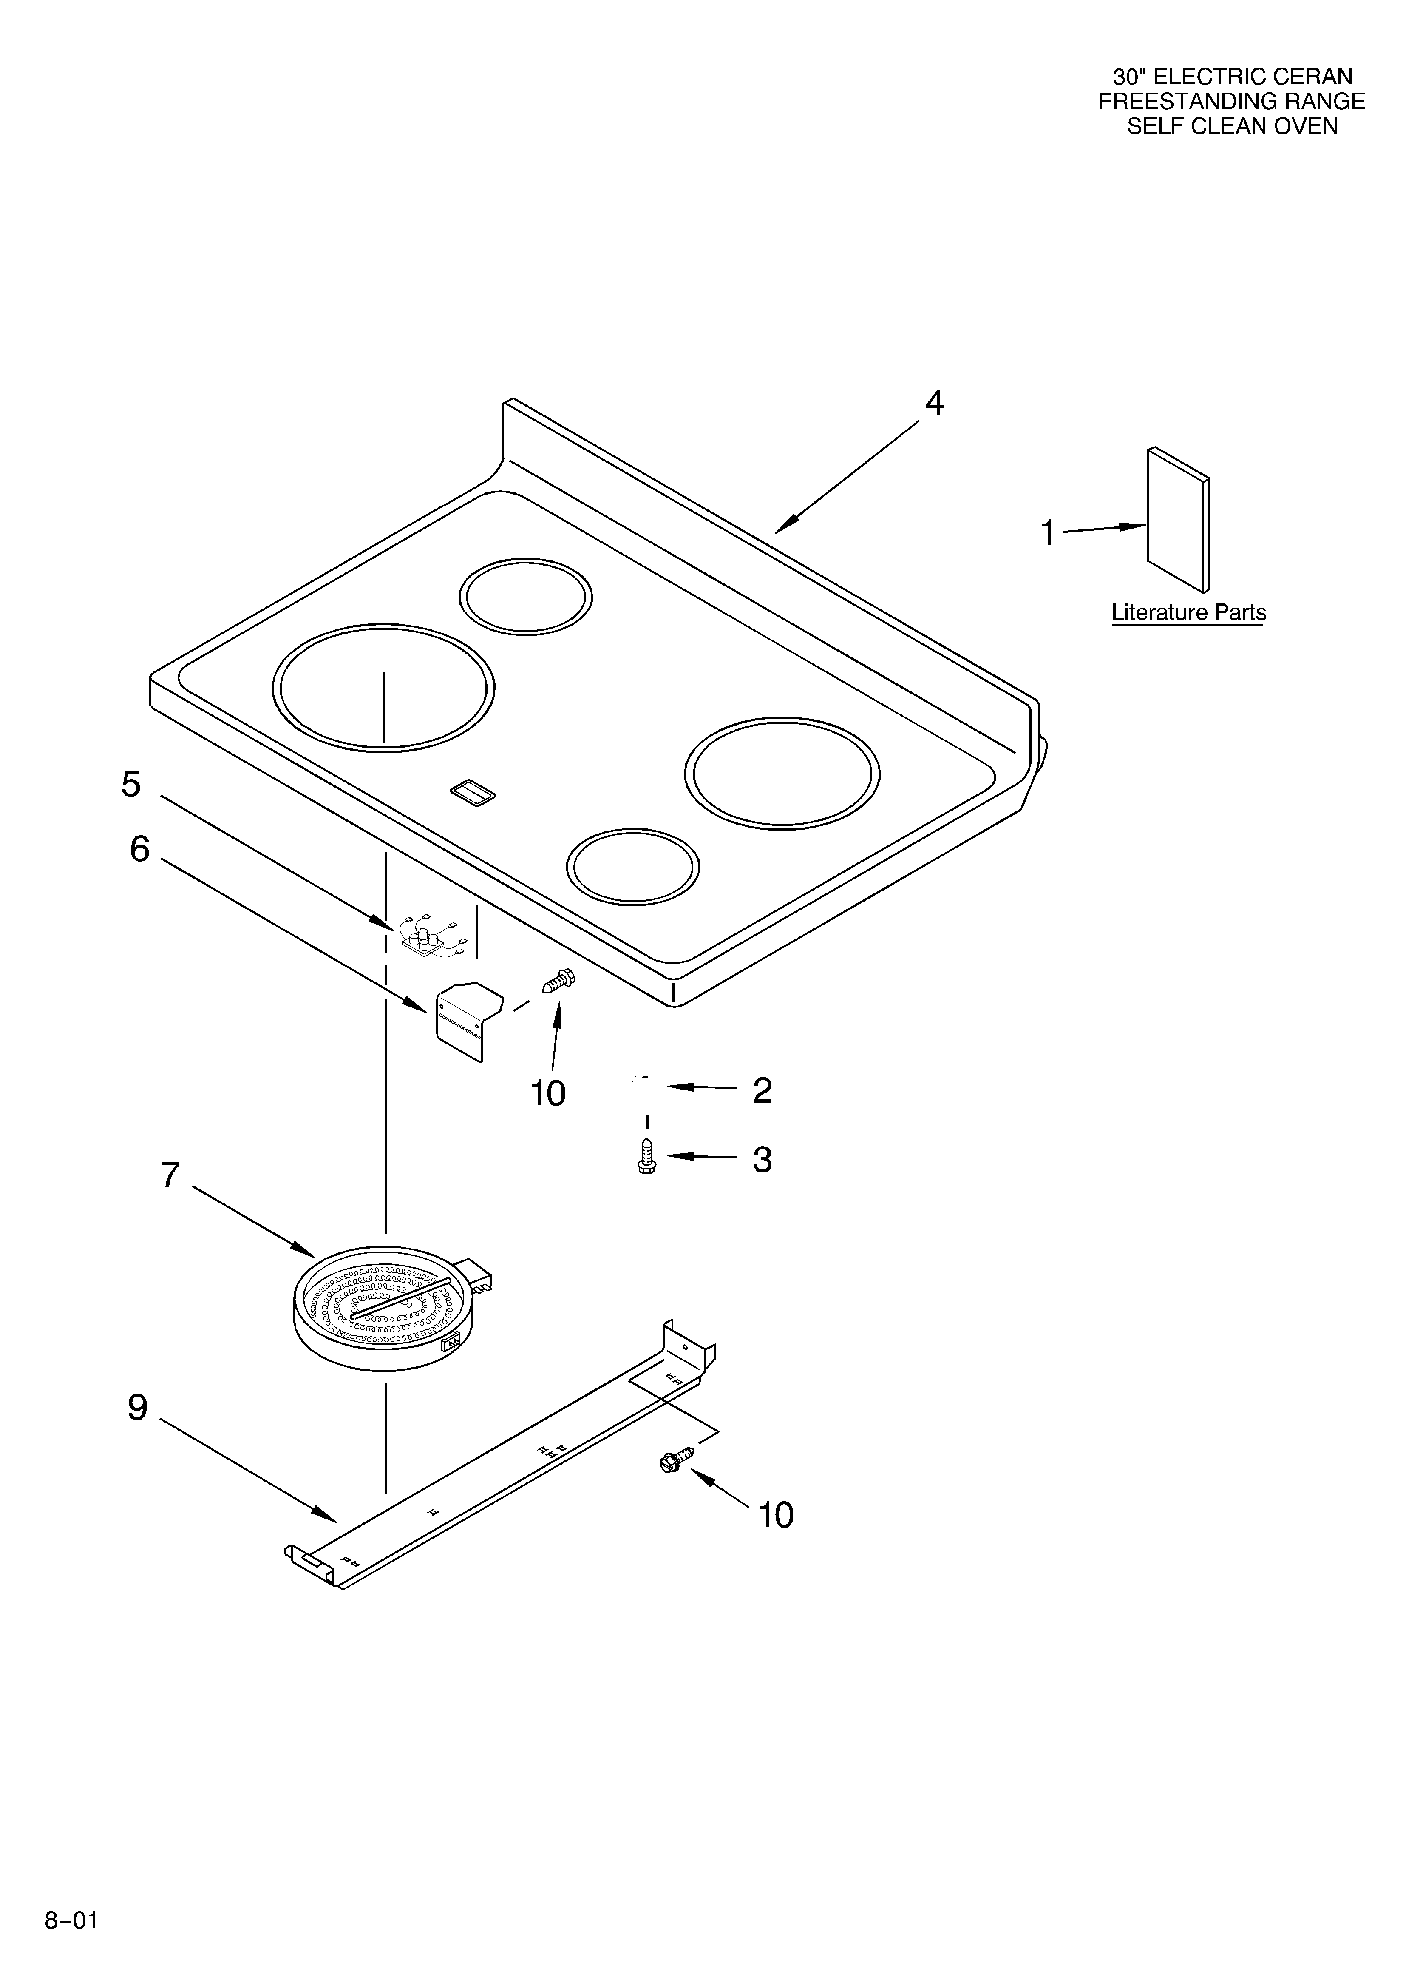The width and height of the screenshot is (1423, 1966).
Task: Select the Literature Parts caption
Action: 1188,613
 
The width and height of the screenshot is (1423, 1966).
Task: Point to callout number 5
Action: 131,785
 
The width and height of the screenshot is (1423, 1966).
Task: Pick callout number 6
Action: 139,850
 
